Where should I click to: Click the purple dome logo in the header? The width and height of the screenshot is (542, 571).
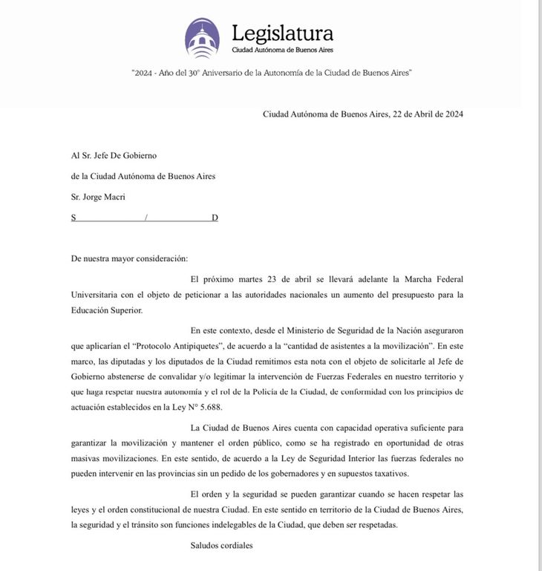coord(202,39)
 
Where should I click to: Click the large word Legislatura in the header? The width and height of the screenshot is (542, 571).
coord(282,33)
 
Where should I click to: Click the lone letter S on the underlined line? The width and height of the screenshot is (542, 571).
coord(74,218)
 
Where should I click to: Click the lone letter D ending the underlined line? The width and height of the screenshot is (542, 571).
coord(215,218)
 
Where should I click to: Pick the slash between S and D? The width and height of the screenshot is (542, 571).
coord(146,218)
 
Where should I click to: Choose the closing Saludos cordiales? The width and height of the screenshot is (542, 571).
coord(222,546)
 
